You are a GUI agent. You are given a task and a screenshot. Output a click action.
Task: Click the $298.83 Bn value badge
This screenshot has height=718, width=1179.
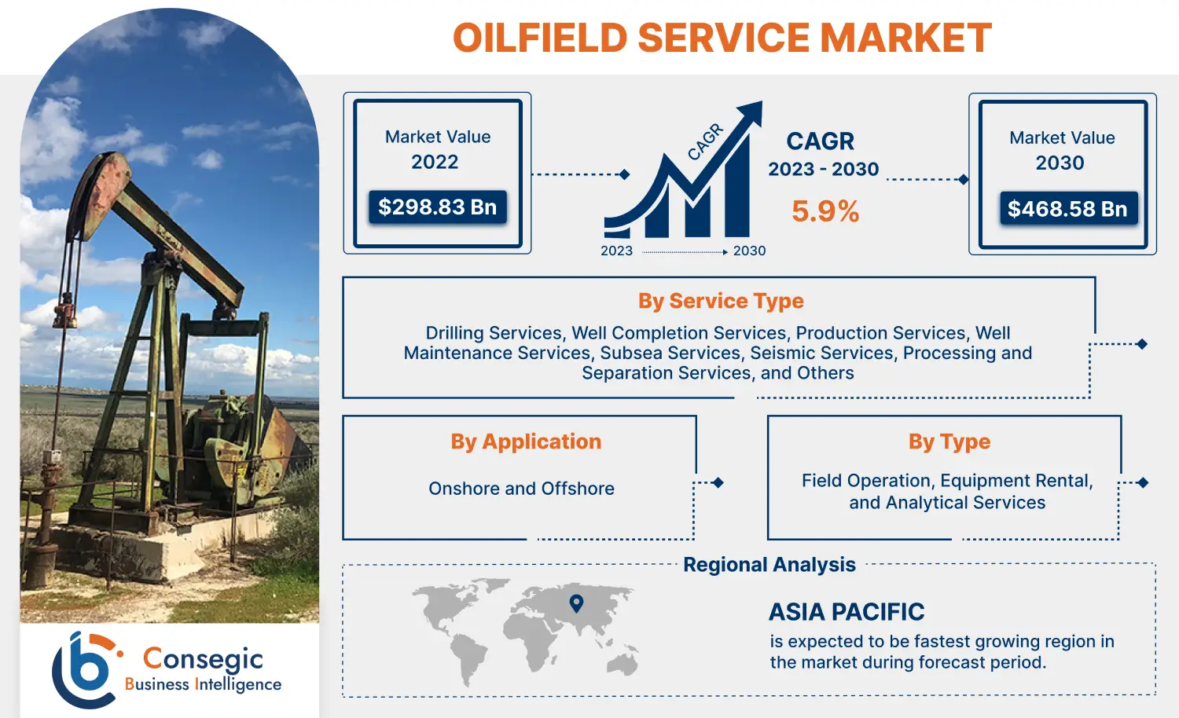[438, 207]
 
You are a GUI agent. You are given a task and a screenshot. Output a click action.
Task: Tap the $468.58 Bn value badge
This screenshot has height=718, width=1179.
[1067, 209]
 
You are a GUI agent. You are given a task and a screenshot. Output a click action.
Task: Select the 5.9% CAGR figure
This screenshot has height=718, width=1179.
[825, 211]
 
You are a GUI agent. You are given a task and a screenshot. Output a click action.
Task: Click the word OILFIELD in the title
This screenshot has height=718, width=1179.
[540, 38]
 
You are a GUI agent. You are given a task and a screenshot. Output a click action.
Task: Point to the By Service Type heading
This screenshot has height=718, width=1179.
[721, 301]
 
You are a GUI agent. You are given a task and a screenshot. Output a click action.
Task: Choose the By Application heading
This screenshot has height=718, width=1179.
[526, 441]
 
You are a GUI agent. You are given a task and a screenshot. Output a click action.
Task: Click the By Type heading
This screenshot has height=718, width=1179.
[949, 441]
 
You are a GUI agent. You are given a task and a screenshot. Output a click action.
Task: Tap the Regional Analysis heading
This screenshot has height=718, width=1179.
[769, 565]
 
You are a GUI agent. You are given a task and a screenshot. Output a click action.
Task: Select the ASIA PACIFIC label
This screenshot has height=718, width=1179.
[847, 612]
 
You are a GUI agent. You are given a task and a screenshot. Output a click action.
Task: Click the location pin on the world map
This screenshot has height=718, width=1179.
[576, 603]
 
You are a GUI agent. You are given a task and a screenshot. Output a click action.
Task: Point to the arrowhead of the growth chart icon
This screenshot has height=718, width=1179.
[752, 111]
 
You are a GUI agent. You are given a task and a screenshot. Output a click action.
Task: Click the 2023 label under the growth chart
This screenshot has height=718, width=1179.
[616, 251]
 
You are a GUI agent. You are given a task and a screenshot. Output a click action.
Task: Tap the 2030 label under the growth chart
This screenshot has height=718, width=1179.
[749, 251]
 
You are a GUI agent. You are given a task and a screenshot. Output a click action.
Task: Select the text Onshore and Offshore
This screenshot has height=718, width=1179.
[521, 489]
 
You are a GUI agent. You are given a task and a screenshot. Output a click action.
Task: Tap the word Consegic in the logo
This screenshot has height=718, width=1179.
[203, 658]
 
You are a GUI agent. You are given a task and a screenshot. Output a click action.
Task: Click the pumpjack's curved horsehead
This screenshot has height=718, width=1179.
[98, 192]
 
